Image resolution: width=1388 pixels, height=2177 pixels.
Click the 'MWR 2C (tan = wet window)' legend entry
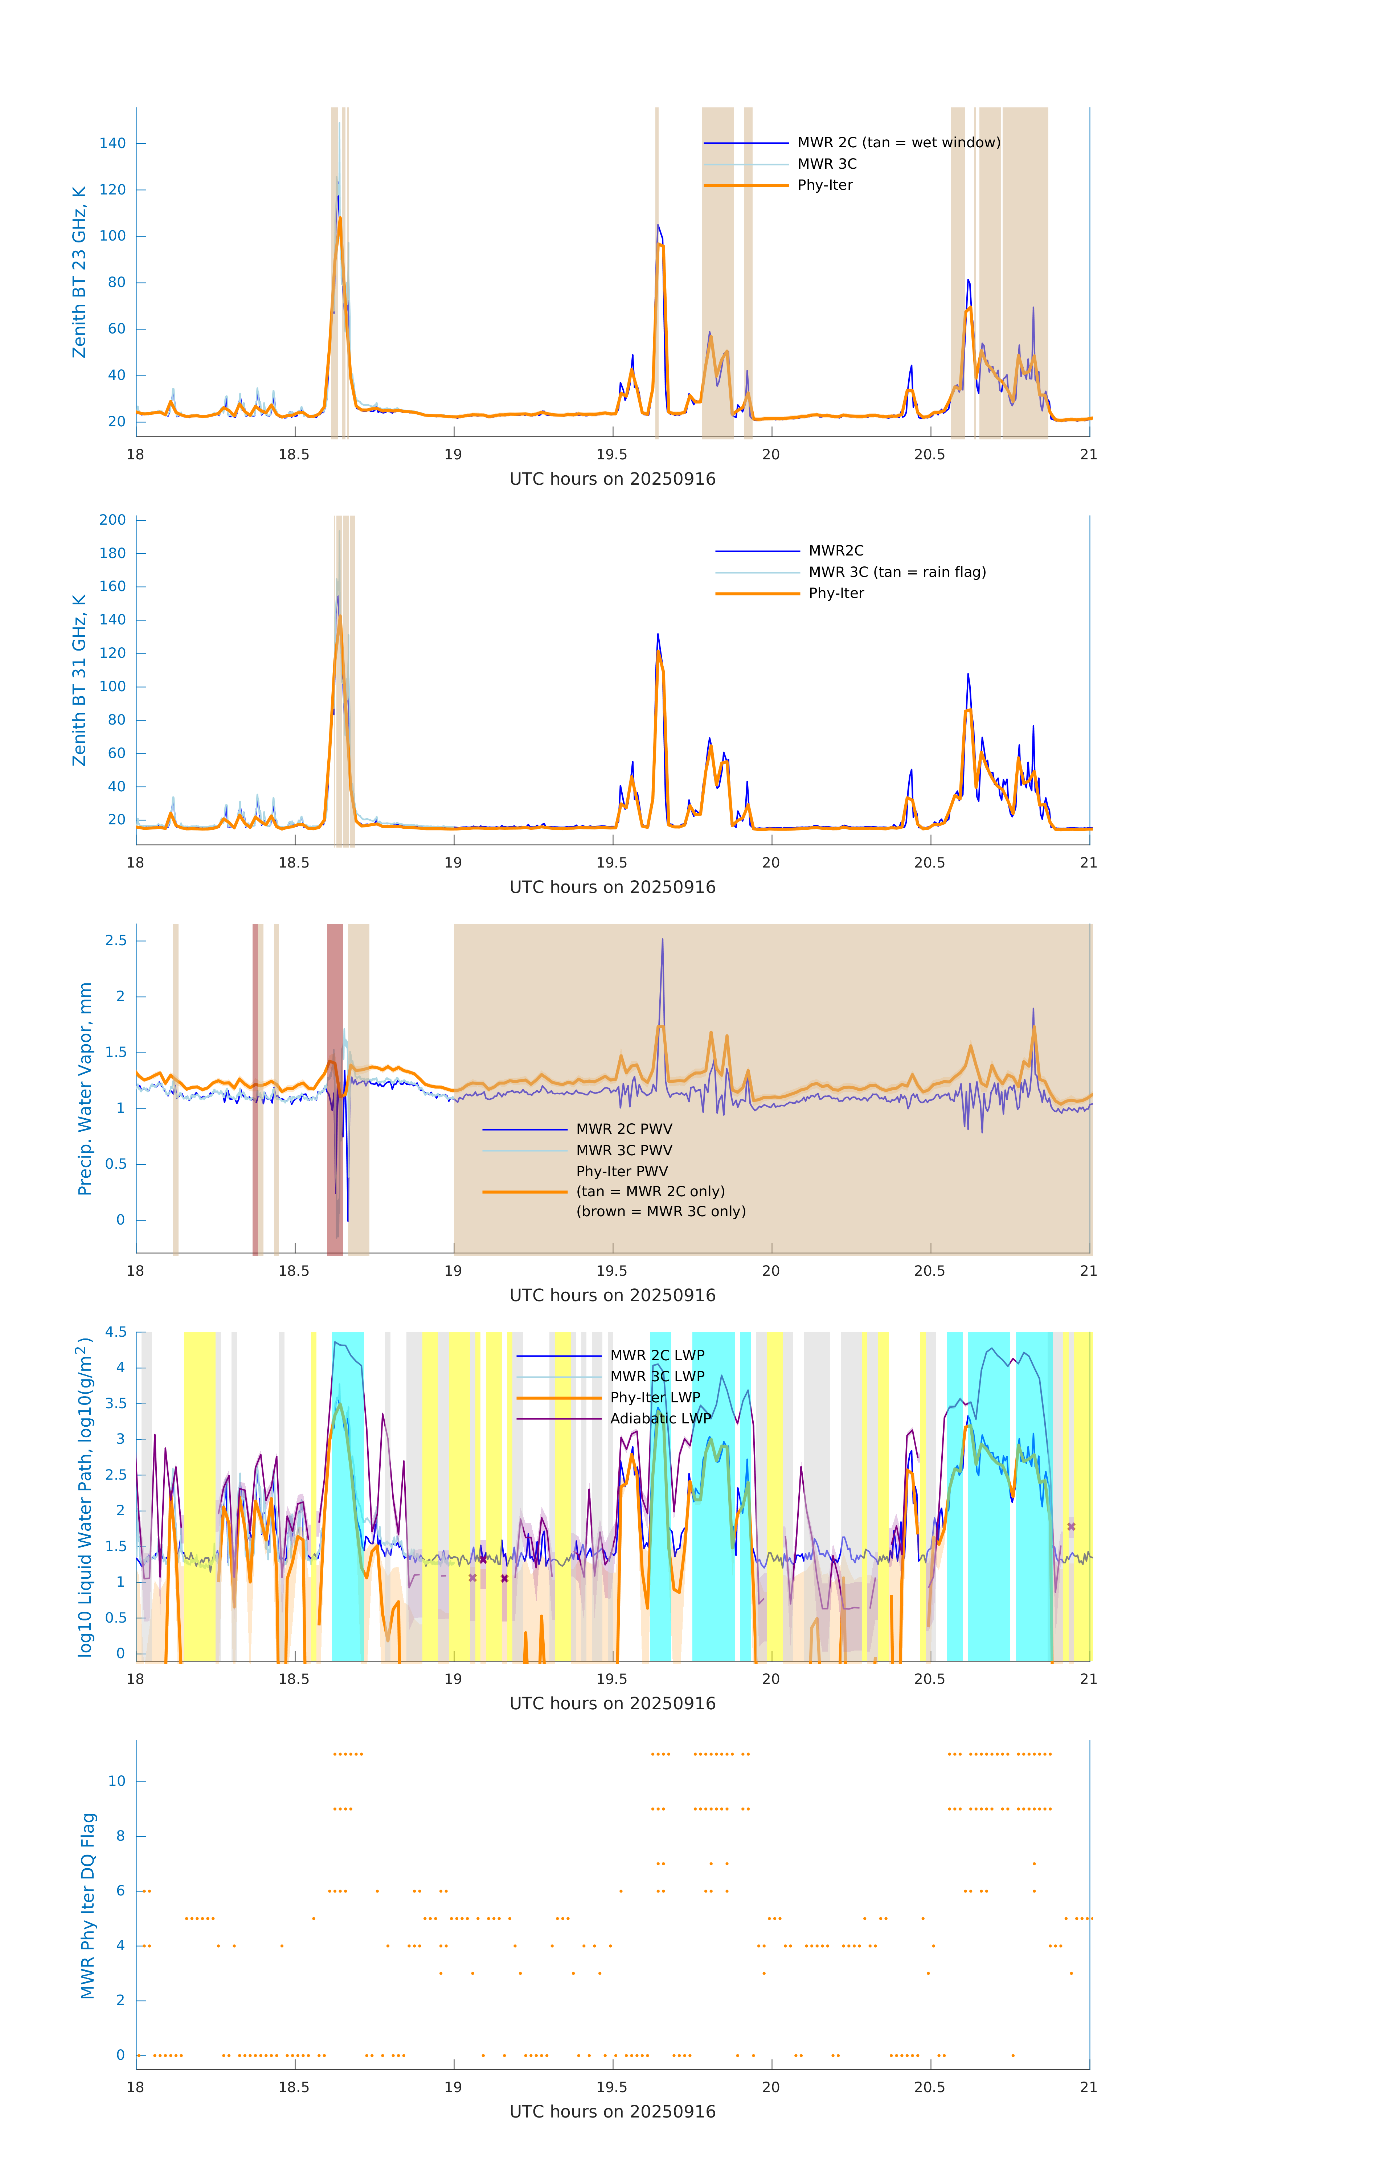[x=898, y=143]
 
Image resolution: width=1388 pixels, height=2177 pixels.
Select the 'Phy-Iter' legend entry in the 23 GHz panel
[x=825, y=185]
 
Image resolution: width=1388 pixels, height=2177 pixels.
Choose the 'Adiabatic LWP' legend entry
[x=660, y=1418]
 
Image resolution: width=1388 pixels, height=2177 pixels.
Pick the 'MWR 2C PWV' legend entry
[x=624, y=1129]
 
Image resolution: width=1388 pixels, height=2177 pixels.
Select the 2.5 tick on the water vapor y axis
[x=116, y=941]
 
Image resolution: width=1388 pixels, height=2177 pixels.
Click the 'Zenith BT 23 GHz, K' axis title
[x=79, y=272]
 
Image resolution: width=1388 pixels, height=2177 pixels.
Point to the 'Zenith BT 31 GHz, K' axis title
[x=79, y=680]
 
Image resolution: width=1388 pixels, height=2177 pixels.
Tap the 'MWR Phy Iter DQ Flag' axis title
[x=88, y=1906]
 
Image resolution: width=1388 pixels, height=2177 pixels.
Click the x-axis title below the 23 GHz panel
[x=612, y=479]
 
